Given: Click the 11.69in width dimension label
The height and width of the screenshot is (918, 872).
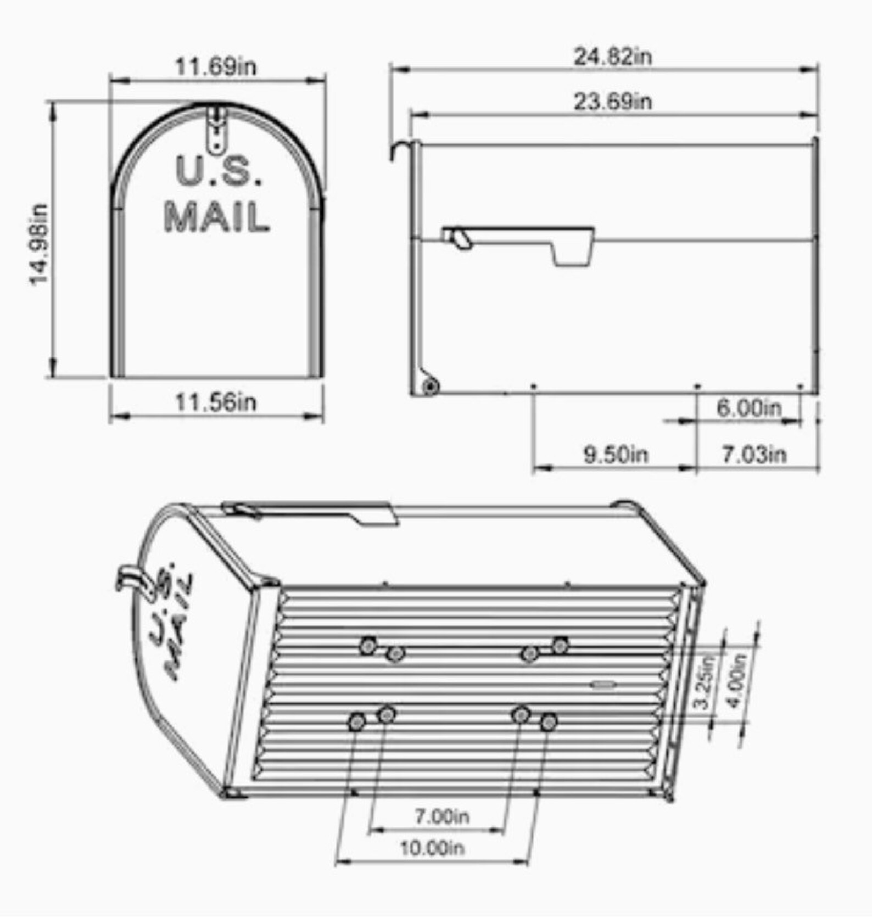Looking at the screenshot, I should coord(215,67).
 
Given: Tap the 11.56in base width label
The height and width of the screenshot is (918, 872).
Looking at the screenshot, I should coord(215,402).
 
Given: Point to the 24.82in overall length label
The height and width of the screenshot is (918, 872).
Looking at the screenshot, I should coord(613,57).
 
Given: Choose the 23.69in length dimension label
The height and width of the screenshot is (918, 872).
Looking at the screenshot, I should coord(613,102).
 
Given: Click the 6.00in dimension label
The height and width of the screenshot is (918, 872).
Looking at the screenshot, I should coord(749,408).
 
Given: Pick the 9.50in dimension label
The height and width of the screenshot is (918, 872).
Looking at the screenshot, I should coord(616,455).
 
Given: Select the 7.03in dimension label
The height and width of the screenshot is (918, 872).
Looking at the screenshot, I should coord(754,455).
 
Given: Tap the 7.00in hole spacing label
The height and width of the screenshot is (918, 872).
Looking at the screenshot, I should coord(442,816).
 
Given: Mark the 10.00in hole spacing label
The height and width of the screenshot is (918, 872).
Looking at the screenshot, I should coord(432,848).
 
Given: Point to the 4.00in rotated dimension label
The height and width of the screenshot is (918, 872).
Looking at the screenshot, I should coord(737,681).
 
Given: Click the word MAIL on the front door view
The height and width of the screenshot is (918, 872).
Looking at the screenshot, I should coord(216,217).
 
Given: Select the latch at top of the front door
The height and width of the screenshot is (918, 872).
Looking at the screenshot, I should coord(217,128).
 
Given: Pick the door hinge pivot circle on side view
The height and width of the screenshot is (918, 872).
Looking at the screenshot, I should coord(430,387).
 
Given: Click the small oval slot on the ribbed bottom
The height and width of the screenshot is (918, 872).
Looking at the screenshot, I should coord(603,684).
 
